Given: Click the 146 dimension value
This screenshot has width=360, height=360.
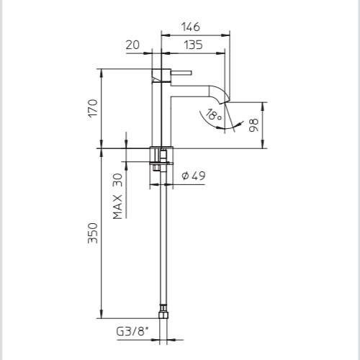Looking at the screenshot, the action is point(191,27).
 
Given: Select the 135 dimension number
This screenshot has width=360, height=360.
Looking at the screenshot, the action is point(193,45).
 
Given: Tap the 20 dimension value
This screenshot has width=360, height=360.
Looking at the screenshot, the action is point(132,45).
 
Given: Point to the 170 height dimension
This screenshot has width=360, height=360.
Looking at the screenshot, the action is point(93,108).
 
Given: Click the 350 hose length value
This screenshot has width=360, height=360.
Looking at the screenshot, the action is point(93,233).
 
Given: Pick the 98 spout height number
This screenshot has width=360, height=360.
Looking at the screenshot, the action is point(253,125).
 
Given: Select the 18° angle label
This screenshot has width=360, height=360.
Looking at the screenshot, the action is point(214,114).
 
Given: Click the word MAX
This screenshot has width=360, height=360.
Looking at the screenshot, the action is point(117,207).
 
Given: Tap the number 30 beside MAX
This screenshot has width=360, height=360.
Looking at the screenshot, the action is point(117,180).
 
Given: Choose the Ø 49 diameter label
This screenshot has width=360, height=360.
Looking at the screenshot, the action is point(194,176).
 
